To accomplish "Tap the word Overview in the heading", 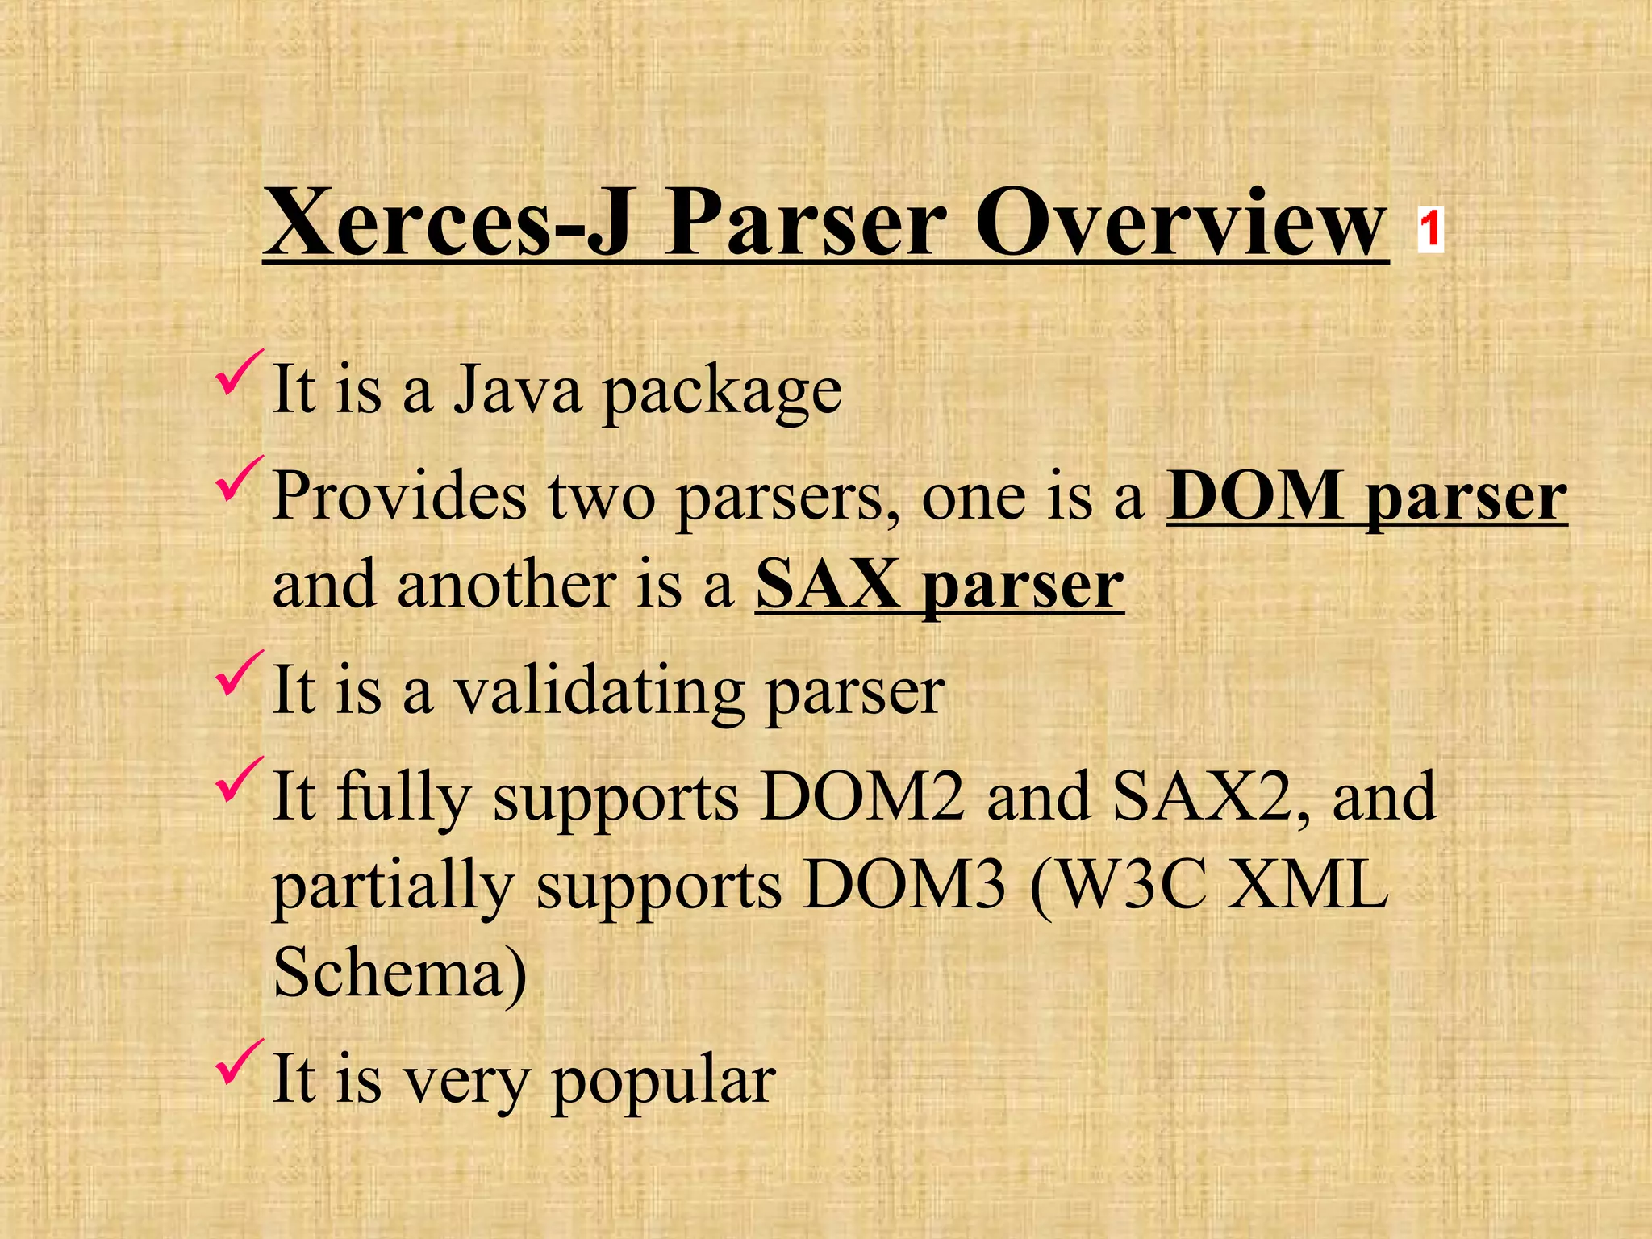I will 1181,223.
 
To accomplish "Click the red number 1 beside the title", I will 1430,229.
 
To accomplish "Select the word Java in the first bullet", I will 517,390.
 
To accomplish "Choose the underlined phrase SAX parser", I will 939,585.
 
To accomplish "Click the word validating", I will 599,692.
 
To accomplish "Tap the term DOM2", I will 862,797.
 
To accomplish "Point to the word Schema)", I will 400,973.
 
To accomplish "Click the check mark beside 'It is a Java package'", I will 239,373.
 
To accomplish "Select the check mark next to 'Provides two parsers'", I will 239,479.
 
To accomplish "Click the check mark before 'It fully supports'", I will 239,780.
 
